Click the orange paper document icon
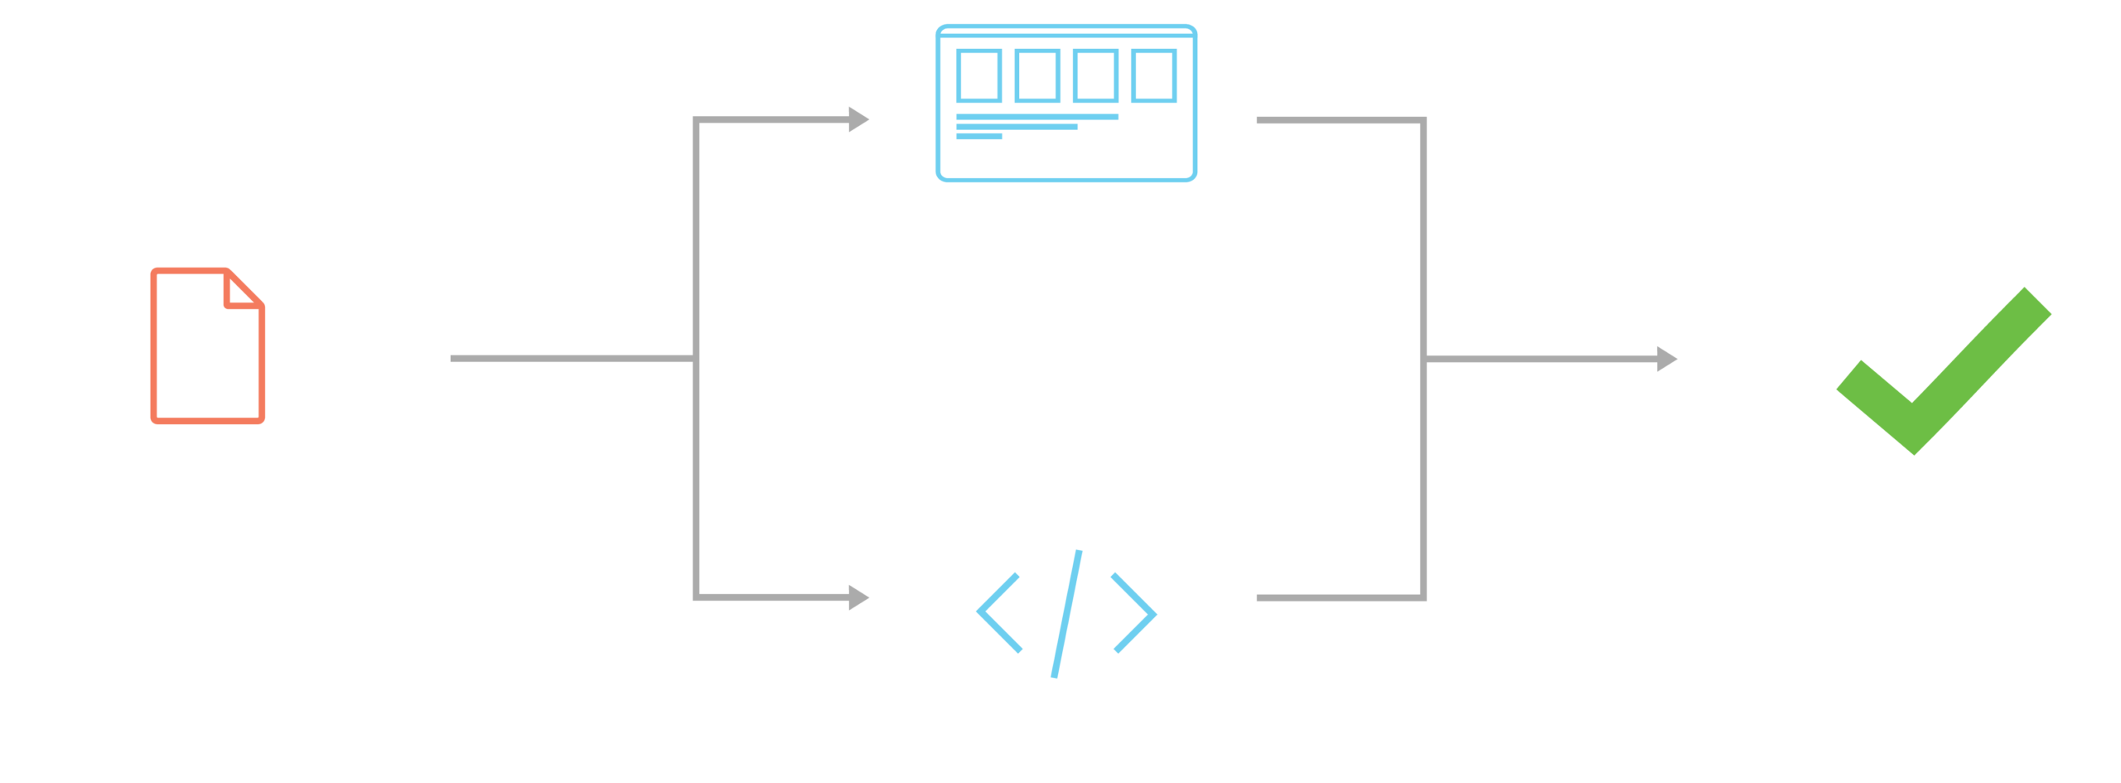pos(207,346)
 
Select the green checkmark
pos(1943,373)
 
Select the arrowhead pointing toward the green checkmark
pos(1667,359)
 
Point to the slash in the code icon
pos(1067,613)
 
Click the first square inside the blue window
pos(979,75)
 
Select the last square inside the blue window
pos(1154,75)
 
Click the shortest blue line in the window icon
pos(979,137)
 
